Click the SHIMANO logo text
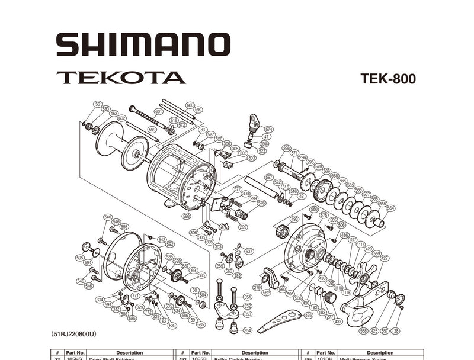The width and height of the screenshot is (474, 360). click(x=143, y=45)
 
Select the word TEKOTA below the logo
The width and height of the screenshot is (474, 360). click(x=121, y=78)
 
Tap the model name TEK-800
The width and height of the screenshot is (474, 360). click(x=387, y=79)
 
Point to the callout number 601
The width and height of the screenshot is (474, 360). click(x=158, y=111)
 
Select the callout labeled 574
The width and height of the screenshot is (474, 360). click(x=269, y=129)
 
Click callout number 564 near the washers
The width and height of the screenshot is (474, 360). click(x=390, y=208)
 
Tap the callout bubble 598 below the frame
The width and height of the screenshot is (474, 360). click(x=187, y=216)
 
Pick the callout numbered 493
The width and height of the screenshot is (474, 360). click(x=294, y=219)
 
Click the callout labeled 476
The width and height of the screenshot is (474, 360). click(x=308, y=316)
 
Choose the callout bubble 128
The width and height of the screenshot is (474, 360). click(x=395, y=331)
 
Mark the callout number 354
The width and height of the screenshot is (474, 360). click(x=248, y=330)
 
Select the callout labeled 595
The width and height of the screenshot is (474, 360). click(x=79, y=258)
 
